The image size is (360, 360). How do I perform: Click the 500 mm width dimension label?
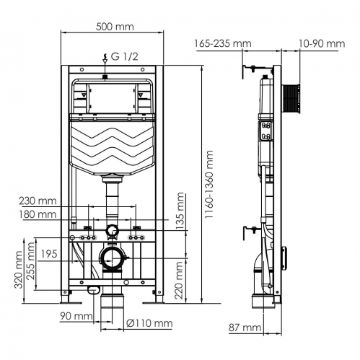[x=115, y=27]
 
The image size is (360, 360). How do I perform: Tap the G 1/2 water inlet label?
[x=124, y=57]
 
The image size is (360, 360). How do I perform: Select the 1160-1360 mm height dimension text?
[x=208, y=184]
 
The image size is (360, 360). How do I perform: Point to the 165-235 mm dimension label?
[x=223, y=43]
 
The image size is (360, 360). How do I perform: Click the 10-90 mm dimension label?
[x=322, y=43]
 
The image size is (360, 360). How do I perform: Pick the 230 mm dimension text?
[x=38, y=201]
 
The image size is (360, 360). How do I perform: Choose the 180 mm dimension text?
[x=38, y=214]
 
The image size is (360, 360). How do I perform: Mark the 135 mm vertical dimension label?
[x=180, y=211]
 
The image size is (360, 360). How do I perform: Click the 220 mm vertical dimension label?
[x=179, y=280]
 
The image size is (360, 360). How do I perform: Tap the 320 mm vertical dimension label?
[x=19, y=270]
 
